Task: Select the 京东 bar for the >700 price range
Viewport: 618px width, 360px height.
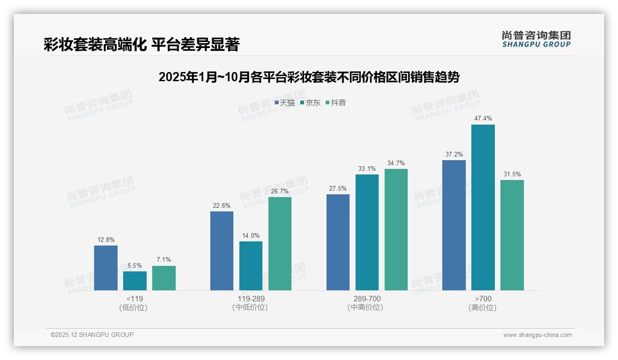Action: [x=483, y=207]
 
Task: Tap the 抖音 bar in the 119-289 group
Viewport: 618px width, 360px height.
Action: [x=280, y=244]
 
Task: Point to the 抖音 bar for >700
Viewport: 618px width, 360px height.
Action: [x=512, y=235]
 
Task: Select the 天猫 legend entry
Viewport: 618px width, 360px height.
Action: [x=285, y=103]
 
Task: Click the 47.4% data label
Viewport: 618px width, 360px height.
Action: [x=483, y=119]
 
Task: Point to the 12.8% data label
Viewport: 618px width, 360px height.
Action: [x=106, y=240]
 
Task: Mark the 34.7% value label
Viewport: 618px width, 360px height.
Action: [x=396, y=163]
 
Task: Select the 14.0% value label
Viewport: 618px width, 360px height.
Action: [x=251, y=236]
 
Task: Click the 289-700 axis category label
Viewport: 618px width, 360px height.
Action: [x=367, y=299]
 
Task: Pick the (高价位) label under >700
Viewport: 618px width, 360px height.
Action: [x=483, y=307]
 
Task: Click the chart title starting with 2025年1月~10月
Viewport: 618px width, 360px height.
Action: [x=309, y=77]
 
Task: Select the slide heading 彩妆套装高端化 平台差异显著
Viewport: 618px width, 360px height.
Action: [x=142, y=44]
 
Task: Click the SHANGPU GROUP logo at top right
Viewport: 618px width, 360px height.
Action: [x=536, y=39]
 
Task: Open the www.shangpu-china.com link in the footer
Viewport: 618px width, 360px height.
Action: [x=537, y=335]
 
